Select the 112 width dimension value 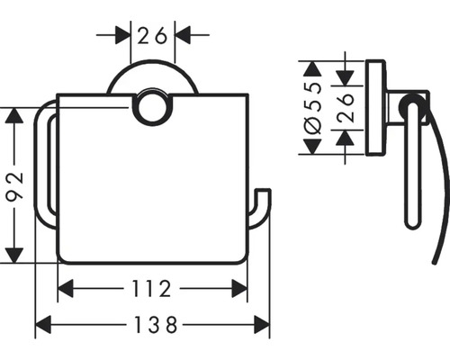(x=152, y=289)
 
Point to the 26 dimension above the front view (x=152, y=36)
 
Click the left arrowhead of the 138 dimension (x=42, y=324)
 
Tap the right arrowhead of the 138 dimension (x=263, y=324)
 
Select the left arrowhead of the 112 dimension (x=65, y=289)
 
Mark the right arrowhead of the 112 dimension (x=240, y=289)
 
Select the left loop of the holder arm (x=42, y=171)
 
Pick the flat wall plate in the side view (x=375, y=107)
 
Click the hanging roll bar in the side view (x=409, y=171)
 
